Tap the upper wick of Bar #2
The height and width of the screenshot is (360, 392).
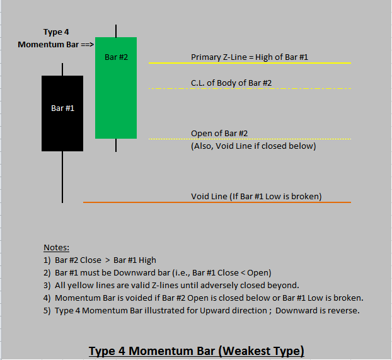tap(116, 31)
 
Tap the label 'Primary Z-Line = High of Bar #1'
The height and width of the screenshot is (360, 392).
tap(250, 57)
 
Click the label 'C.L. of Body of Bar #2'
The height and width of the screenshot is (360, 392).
tap(231, 83)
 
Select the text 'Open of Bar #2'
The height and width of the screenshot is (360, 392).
tap(219, 133)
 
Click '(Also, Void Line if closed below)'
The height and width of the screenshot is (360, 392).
tap(253, 146)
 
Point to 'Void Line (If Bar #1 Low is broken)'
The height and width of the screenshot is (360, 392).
tap(257, 196)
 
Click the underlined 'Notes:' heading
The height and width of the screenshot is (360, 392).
tap(56, 247)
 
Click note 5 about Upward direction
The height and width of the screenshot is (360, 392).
tap(202, 310)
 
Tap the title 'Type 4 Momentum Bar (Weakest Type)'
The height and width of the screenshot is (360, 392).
tap(196, 351)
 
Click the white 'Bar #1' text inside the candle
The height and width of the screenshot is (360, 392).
tap(62, 108)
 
